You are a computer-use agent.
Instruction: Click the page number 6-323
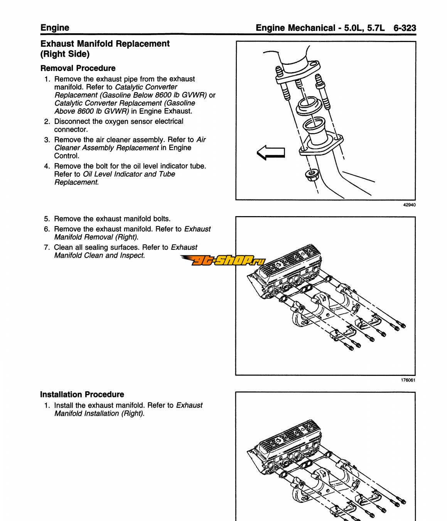pos(405,28)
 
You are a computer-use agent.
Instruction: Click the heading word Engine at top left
pos(55,28)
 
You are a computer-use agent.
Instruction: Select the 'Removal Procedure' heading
pos(78,68)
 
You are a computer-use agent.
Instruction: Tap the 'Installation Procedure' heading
pos(82,394)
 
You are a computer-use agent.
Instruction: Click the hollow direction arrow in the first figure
pos(271,152)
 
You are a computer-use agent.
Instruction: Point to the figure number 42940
pos(409,205)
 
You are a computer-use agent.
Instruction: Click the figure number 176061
pos(408,380)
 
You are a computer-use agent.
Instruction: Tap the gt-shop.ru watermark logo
pos(224,261)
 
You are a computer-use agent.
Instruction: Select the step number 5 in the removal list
pos(47,219)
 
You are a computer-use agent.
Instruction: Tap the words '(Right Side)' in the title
pos(65,54)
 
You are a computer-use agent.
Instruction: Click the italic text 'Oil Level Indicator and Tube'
pos(129,174)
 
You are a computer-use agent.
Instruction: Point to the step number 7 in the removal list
pos(47,247)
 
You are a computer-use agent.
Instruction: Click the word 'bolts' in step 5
pos(161,219)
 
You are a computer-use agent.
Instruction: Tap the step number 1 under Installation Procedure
pos(47,406)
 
